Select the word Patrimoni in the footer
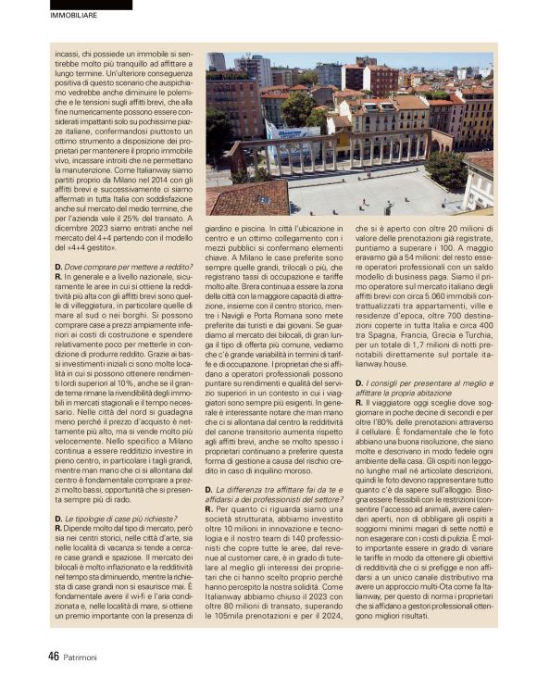[x=89, y=657]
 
